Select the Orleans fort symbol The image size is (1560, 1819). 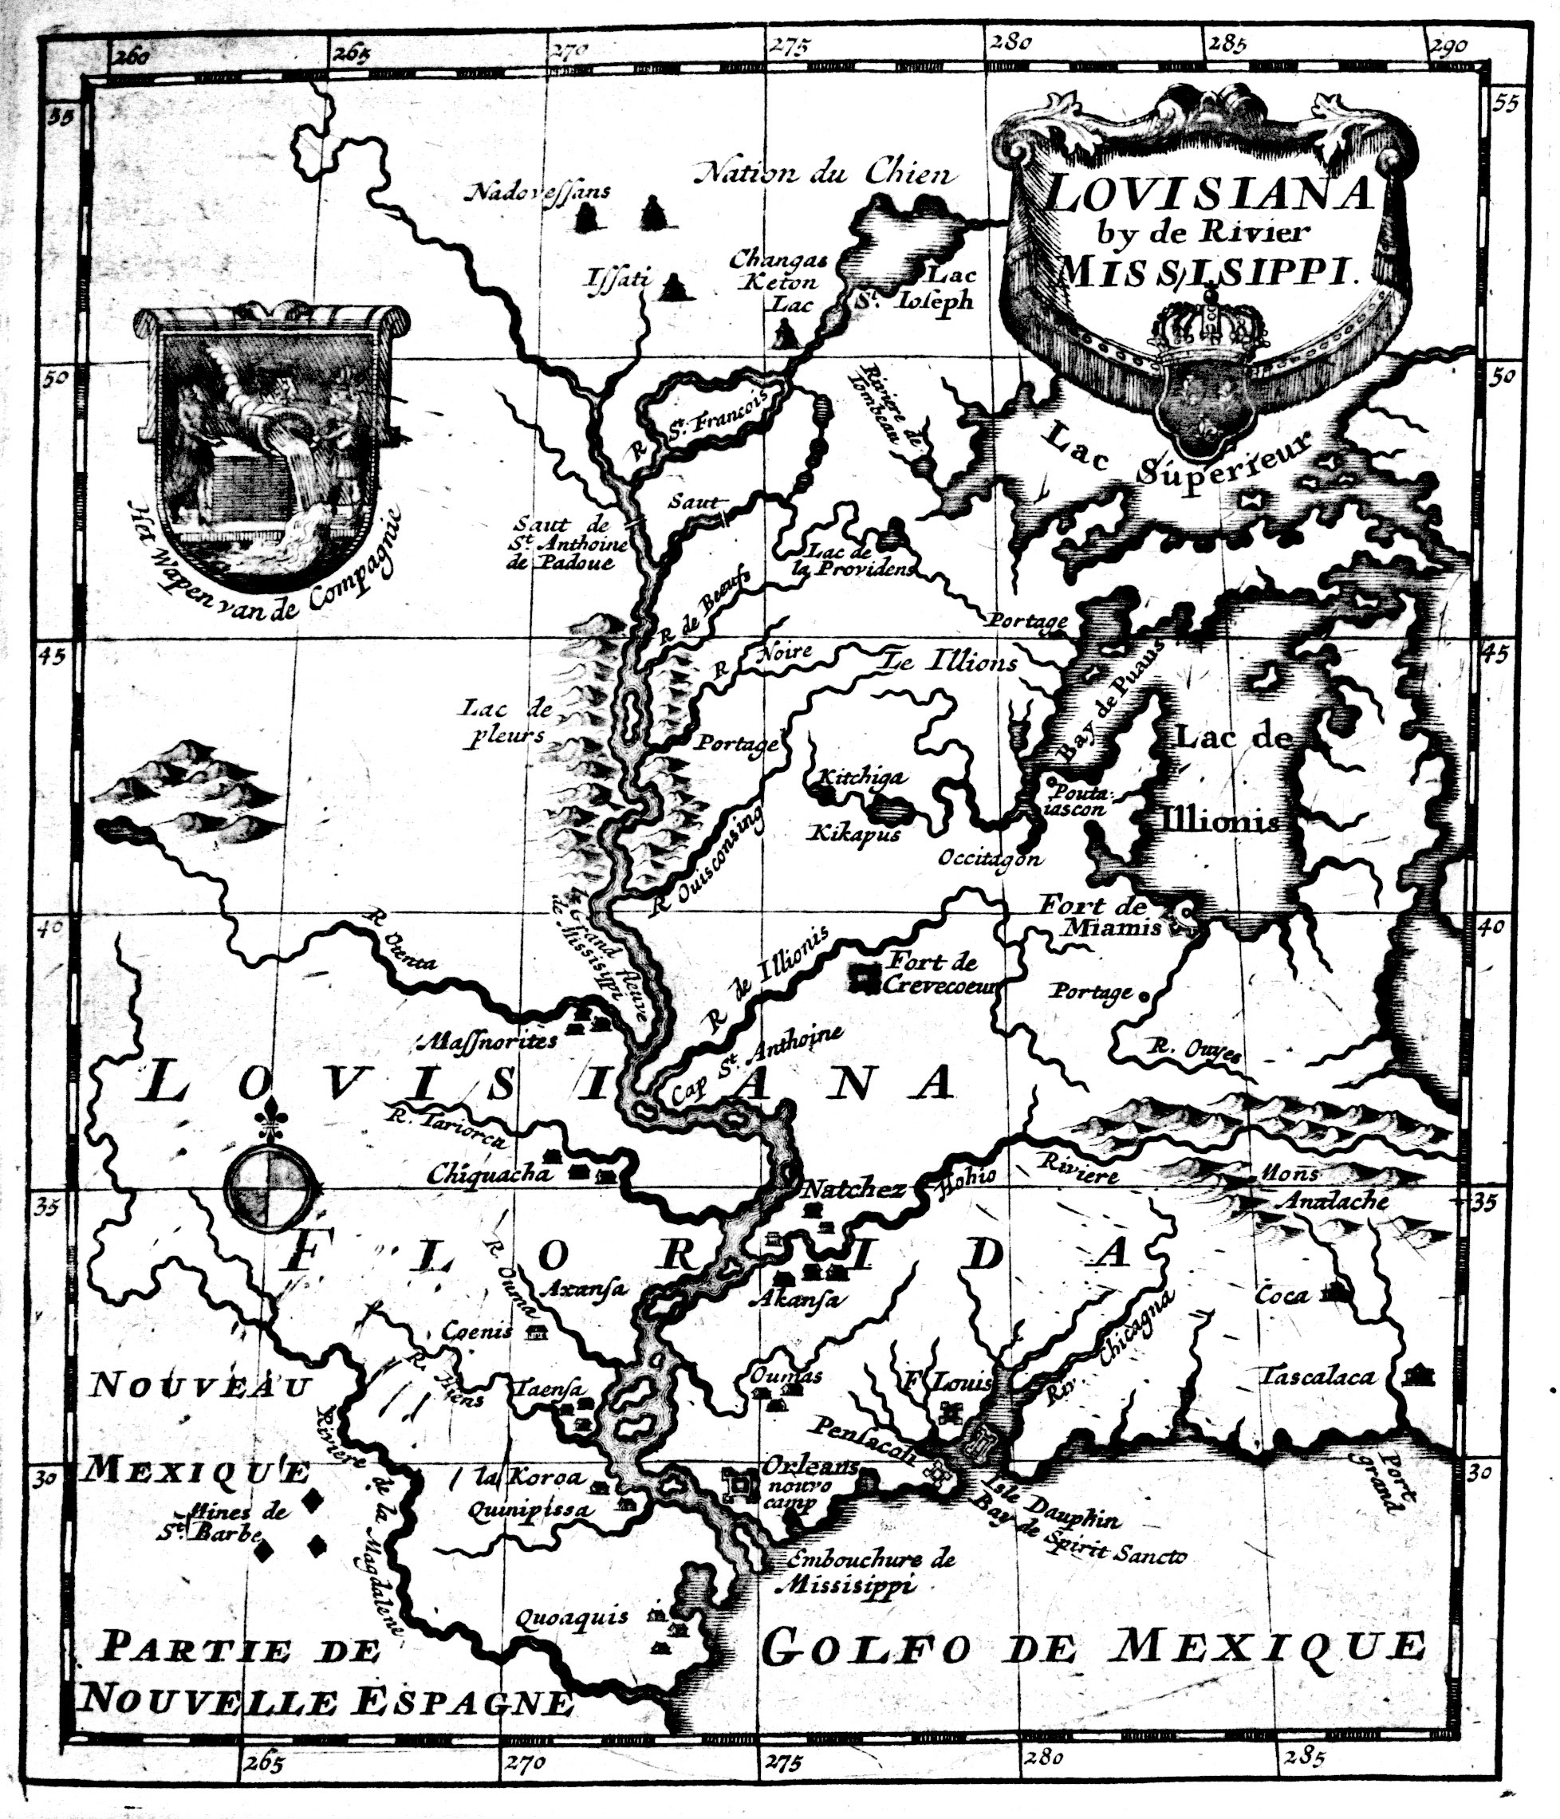[x=740, y=1482]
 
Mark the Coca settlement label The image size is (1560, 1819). [x=1282, y=1295]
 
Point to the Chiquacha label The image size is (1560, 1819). [x=488, y=1175]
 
